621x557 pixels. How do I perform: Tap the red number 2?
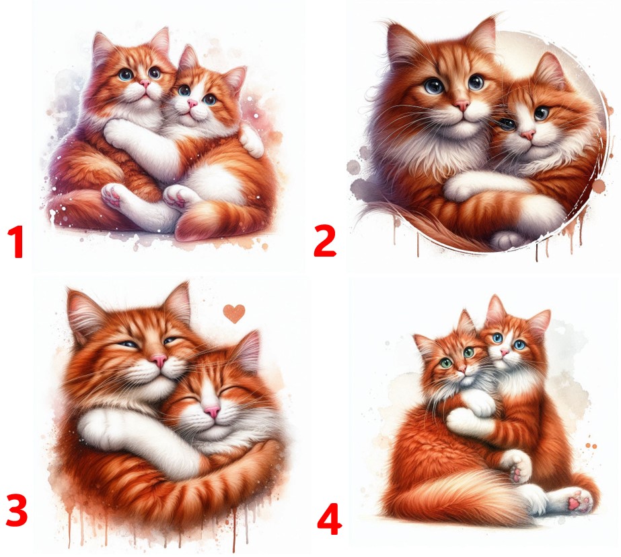point(324,240)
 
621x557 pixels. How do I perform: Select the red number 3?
point(17,511)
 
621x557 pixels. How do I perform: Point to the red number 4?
point(329,519)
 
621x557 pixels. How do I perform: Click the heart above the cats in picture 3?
point(234,313)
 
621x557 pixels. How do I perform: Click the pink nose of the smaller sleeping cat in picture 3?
point(213,412)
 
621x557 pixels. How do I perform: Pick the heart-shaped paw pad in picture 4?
point(574,504)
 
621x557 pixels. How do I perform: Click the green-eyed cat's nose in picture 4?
point(462,369)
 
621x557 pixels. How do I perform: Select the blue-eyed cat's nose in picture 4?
point(504,352)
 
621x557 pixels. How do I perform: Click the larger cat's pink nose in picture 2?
point(462,105)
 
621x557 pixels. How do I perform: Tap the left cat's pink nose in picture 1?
point(145,84)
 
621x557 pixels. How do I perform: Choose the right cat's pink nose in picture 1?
point(192,104)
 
